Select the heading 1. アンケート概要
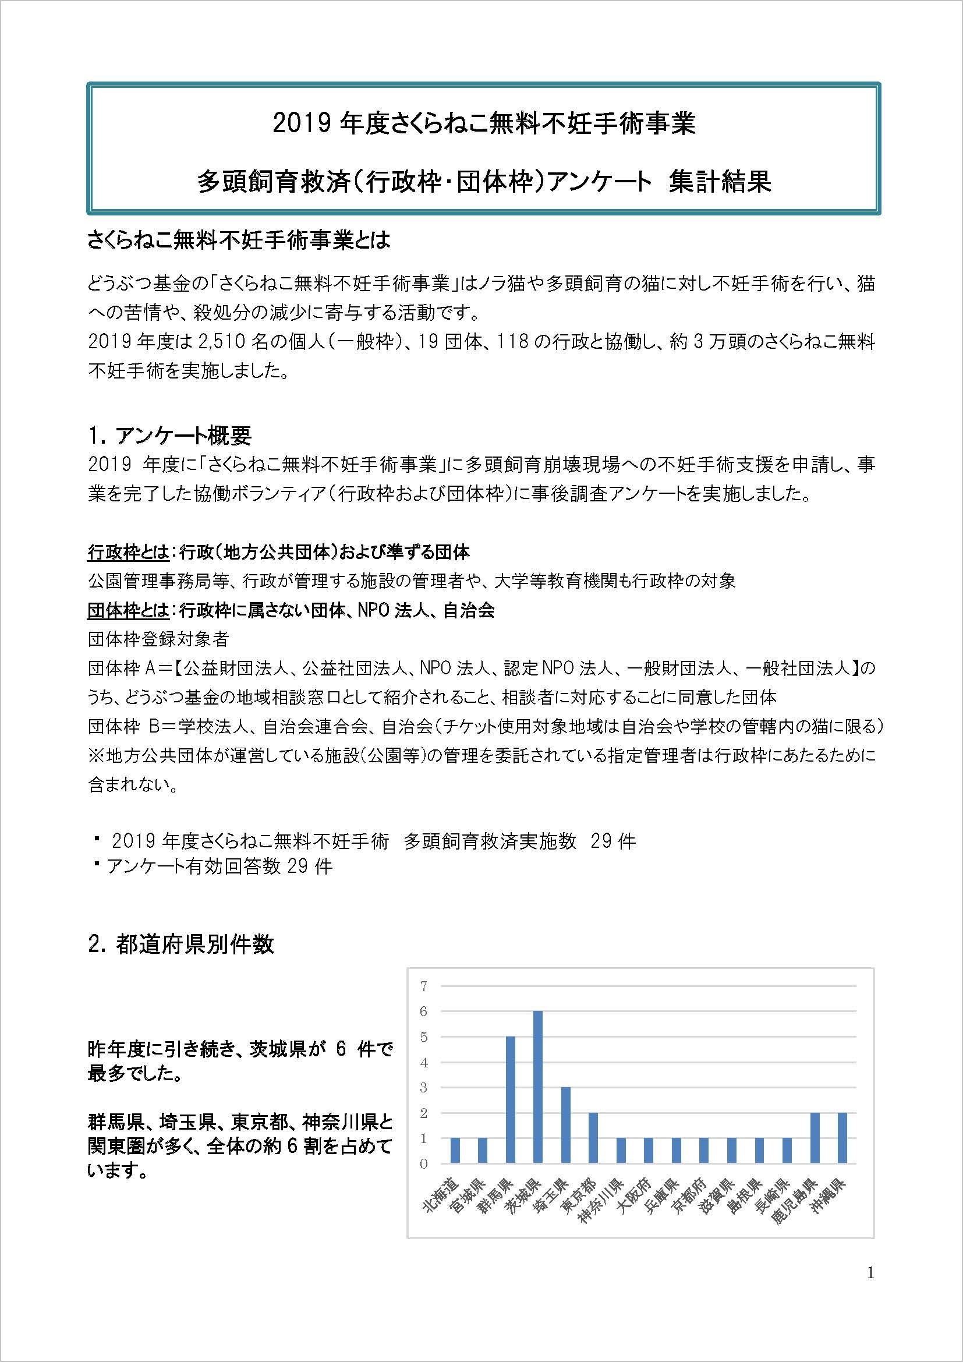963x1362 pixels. click(x=169, y=436)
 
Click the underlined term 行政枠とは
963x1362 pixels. click(x=128, y=553)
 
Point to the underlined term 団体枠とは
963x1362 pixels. click(x=128, y=610)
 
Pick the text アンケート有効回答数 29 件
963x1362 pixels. click(x=219, y=866)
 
